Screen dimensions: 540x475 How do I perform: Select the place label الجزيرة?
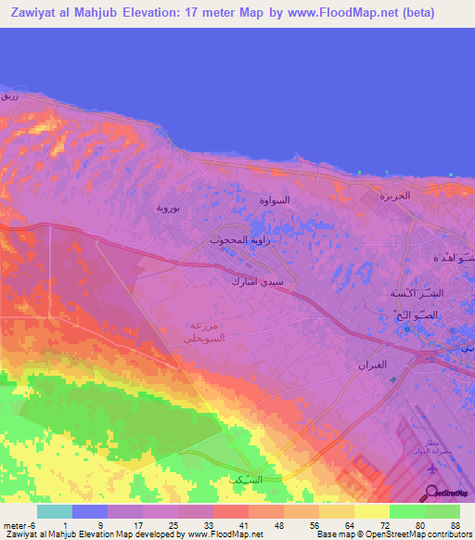393,197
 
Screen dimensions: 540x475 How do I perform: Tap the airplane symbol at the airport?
432,470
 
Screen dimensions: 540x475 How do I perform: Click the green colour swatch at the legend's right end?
442,511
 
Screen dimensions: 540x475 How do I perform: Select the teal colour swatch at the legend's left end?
54,511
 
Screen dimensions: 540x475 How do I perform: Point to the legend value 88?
455,524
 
